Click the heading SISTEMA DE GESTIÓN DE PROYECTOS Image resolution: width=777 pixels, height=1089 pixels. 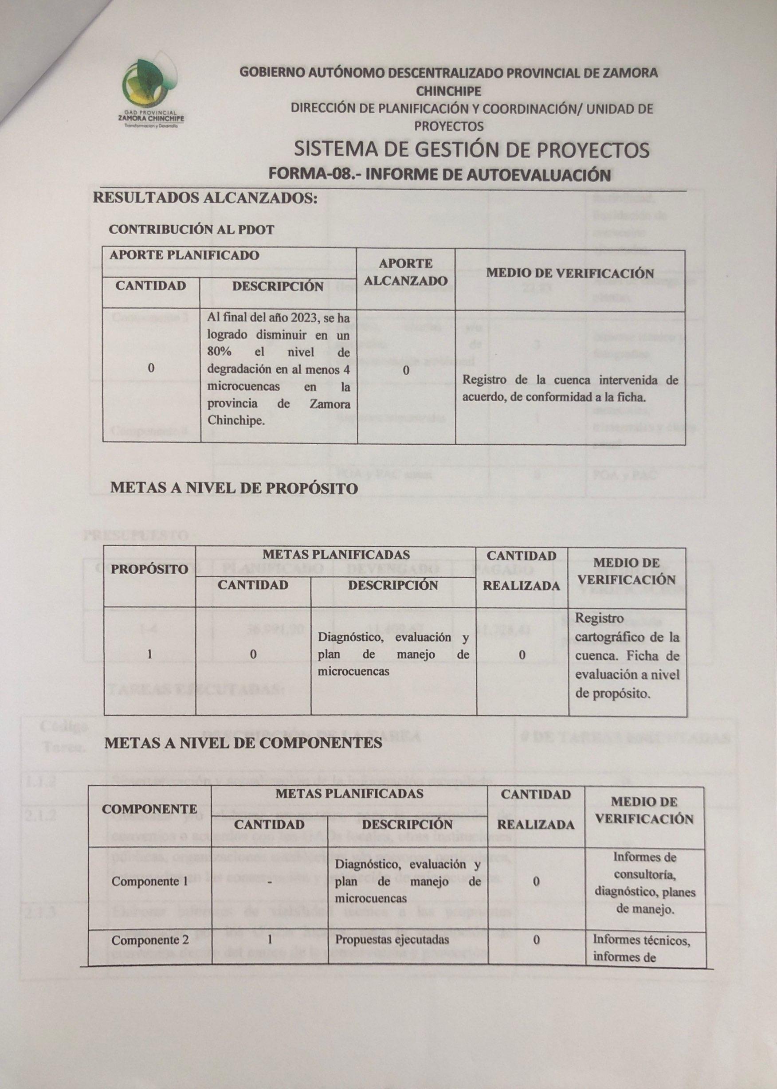471,150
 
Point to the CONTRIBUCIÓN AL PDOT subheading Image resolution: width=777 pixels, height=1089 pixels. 192,230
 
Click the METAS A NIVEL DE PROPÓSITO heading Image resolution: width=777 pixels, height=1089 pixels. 234,488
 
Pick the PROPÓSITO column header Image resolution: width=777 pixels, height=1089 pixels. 149,570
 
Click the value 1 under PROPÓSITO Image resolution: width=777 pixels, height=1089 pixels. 149,655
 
